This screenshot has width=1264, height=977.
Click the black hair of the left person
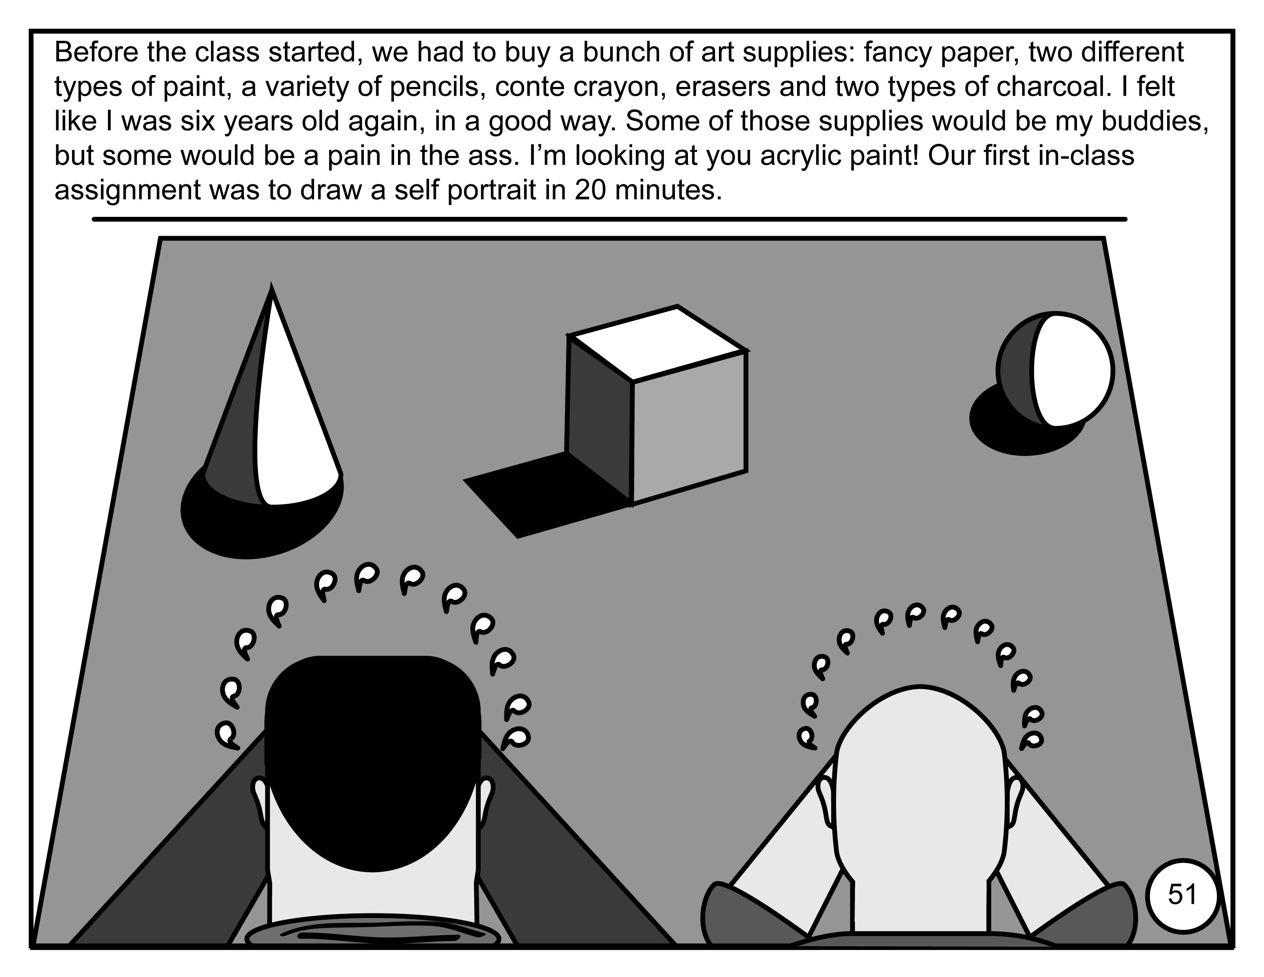tap(373, 758)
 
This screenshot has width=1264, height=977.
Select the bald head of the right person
tap(919, 793)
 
